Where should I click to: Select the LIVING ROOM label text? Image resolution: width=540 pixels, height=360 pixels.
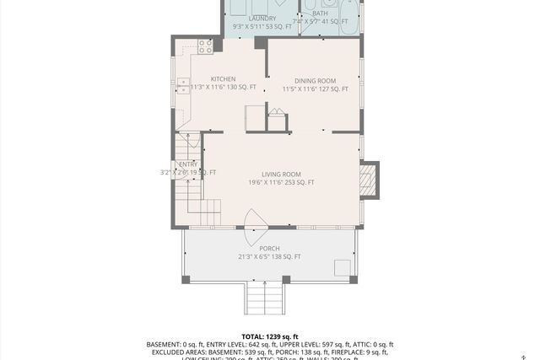(x=281, y=174)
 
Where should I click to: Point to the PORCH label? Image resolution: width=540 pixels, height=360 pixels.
(x=269, y=248)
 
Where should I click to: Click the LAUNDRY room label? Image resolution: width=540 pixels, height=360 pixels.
(x=262, y=18)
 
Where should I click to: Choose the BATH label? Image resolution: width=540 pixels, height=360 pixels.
(x=320, y=13)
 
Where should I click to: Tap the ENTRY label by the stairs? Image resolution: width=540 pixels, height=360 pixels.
(x=187, y=164)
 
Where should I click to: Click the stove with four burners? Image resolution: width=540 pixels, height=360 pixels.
(x=204, y=47)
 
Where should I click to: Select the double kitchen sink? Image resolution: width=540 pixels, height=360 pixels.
(x=183, y=84)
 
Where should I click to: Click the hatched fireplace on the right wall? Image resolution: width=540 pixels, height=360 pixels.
(x=369, y=180)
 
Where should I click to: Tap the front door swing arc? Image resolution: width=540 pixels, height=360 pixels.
(x=256, y=220)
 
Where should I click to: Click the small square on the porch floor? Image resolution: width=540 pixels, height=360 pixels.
(x=342, y=267)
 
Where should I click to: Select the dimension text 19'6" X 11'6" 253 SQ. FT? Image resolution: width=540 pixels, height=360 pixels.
(x=281, y=182)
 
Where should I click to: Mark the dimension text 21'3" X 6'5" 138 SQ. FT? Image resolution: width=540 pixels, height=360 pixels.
(x=269, y=256)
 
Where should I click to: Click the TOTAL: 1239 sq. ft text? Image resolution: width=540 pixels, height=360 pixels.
(x=270, y=336)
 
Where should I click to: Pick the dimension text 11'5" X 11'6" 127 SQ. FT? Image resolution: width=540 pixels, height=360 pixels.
(x=315, y=88)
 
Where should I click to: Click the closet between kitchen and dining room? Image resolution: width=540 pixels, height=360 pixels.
(x=277, y=120)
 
